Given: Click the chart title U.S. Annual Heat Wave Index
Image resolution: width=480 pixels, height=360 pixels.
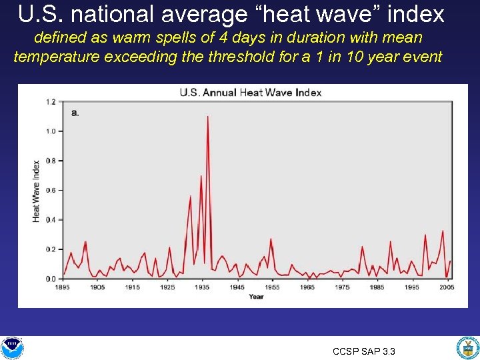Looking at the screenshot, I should tap(250, 93).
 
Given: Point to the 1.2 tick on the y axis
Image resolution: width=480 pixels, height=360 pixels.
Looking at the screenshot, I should tap(51, 102).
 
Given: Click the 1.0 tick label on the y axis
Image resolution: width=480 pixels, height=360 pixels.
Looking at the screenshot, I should tap(51, 131).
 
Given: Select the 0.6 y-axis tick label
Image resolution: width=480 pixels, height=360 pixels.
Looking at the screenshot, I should tap(51, 191).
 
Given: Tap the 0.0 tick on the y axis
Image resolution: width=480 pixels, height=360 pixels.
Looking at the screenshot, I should tap(51, 279).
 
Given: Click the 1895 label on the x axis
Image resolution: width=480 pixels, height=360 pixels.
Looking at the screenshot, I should tap(63, 287).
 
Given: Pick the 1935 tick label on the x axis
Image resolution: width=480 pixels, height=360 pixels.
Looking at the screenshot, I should tap(202, 287).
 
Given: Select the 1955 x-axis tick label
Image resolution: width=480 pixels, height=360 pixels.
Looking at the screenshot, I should tap(272, 287).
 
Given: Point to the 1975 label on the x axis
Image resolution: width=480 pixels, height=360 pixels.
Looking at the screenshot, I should tap(342, 287).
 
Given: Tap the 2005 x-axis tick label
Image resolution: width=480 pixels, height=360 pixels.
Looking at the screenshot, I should tap(446, 287).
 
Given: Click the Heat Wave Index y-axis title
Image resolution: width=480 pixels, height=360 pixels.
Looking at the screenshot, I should tap(36, 191).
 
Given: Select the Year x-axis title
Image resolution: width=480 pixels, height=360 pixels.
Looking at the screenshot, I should tap(256, 296).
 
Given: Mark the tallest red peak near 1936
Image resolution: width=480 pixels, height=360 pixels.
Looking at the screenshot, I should tap(208, 117).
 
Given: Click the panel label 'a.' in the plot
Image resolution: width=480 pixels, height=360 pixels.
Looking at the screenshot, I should tap(75, 113).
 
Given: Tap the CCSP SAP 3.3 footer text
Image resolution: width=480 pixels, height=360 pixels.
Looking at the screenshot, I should tap(364, 351).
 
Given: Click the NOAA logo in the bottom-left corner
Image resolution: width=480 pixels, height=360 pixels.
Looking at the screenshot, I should tap(12, 347).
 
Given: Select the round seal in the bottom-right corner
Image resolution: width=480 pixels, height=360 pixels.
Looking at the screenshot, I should tap(467, 347).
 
